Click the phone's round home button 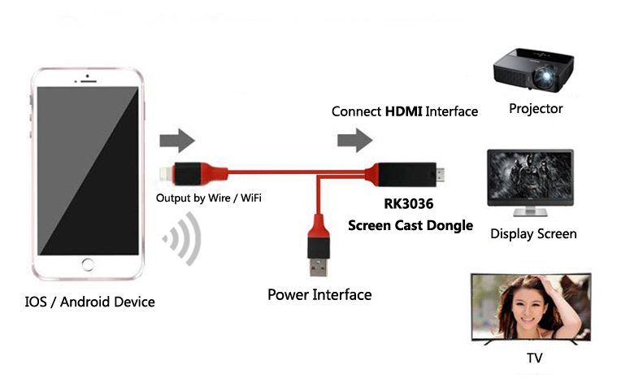pos(89,267)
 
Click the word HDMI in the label pos(403,111)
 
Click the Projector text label pos(536,108)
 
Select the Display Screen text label pos(533,234)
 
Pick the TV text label pos(535,358)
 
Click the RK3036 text pos(411,207)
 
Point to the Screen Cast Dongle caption pos(411,226)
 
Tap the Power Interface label pos(319,294)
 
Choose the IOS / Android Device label pos(89,302)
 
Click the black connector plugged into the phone pos(191,172)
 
